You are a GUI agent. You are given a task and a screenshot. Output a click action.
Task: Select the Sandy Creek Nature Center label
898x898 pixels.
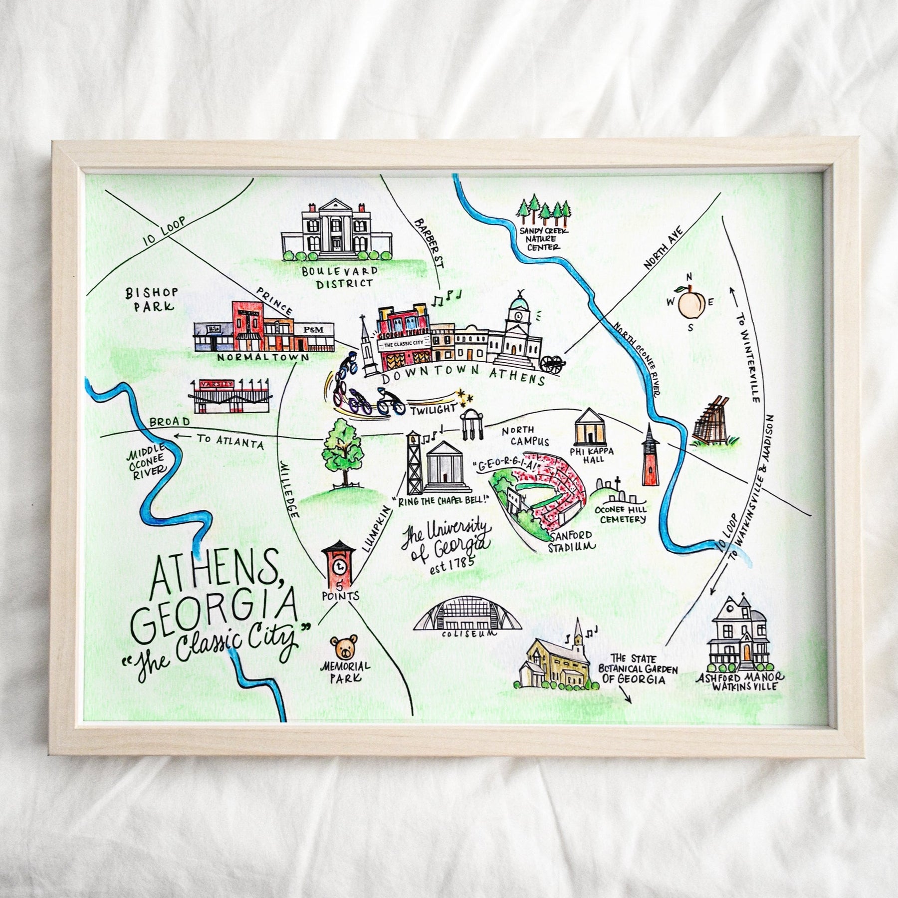pyautogui.click(x=539, y=238)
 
